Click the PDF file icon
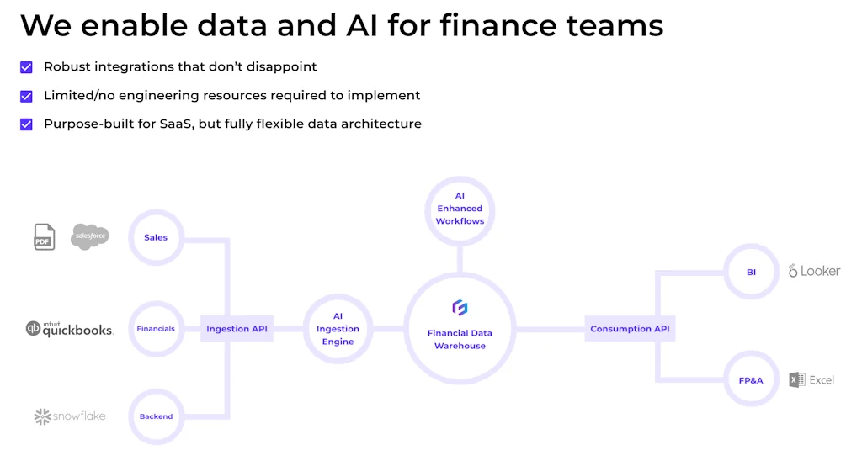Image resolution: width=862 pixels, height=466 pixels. click(x=45, y=236)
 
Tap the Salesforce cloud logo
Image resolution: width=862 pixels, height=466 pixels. click(x=90, y=236)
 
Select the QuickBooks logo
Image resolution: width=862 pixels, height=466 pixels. click(x=69, y=329)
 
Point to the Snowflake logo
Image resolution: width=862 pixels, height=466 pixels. click(x=70, y=416)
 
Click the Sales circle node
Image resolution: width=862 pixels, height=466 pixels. click(x=156, y=237)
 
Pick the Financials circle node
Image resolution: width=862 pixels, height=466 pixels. click(x=156, y=329)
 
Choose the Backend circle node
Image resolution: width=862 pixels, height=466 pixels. click(x=156, y=416)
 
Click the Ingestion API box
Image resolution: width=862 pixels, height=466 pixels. click(x=237, y=329)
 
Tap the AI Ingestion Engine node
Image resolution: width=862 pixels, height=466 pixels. click(x=338, y=329)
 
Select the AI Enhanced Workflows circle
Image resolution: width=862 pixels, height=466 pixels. click(x=460, y=209)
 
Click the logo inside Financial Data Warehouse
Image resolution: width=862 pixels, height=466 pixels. click(x=460, y=308)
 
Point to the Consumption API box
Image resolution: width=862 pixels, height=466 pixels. click(x=630, y=329)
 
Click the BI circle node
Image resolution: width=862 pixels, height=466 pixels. click(x=751, y=272)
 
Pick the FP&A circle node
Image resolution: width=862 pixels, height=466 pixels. click(x=751, y=380)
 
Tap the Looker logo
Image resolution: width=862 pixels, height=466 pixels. click(x=814, y=271)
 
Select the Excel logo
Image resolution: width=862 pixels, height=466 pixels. click(x=811, y=380)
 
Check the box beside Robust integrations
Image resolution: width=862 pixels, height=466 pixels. click(x=26, y=67)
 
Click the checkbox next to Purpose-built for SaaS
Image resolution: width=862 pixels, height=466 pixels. click(x=26, y=124)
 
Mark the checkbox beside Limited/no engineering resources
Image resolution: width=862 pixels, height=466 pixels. click(x=26, y=96)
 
